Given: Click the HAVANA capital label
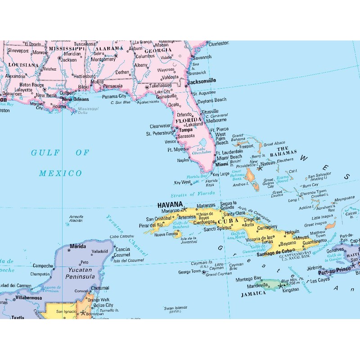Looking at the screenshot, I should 170,204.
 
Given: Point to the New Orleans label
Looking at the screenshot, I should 75,99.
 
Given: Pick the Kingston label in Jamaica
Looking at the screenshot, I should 290,289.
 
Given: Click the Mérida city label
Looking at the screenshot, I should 78,247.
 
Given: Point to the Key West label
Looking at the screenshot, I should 182,182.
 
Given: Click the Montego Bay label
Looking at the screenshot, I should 248,279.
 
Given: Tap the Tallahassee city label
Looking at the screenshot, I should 161,85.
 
